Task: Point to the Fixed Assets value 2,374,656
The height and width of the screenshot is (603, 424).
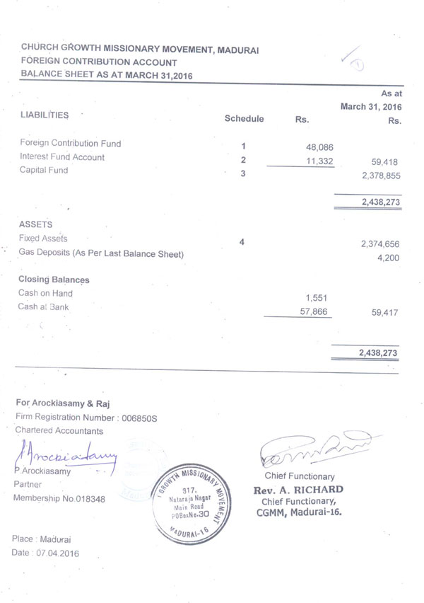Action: (x=380, y=244)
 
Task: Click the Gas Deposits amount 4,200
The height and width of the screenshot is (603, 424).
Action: (x=389, y=258)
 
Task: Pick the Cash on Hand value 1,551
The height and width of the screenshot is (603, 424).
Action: (x=315, y=298)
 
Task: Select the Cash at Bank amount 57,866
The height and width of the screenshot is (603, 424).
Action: (x=314, y=311)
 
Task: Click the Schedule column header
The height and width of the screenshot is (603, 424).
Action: (x=244, y=119)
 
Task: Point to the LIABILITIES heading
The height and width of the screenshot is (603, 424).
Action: (x=45, y=114)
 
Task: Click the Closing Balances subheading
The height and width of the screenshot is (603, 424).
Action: (x=54, y=280)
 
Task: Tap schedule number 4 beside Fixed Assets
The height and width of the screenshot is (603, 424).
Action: (x=242, y=242)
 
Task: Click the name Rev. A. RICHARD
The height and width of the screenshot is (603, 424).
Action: (x=298, y=490)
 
